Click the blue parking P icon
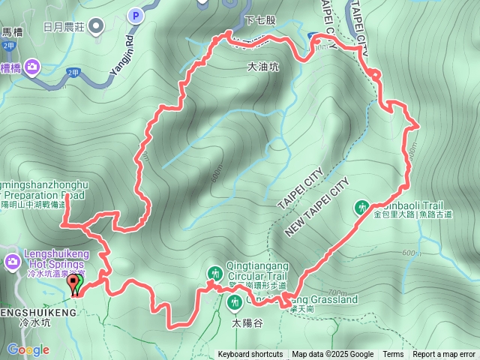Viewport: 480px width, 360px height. (135, 14)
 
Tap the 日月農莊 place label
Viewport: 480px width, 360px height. (65, 26)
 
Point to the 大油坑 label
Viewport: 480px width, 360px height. (262, 67)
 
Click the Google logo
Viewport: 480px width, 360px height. (28, 349)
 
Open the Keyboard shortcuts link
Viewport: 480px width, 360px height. (250, 355)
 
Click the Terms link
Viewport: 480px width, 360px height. (393, 355)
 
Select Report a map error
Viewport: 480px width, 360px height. (444, 355)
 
